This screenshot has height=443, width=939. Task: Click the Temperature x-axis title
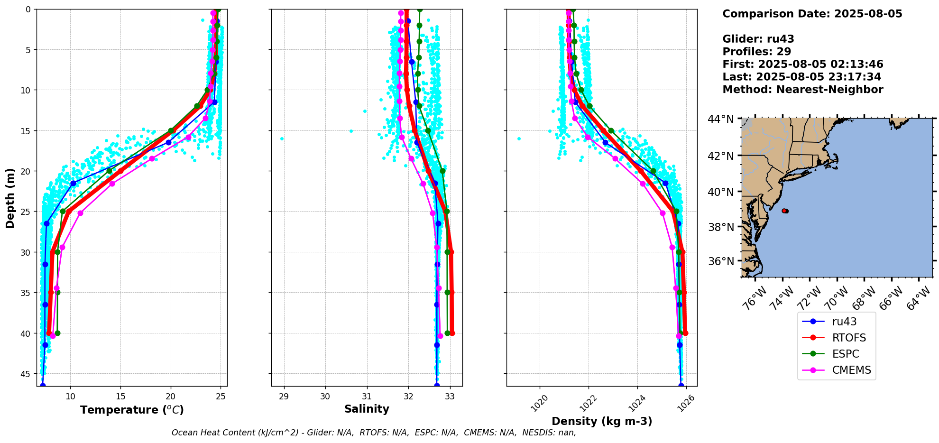click(132, 410)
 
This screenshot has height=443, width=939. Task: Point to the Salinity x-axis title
click(367, 409)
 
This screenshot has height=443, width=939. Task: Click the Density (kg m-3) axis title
click(602, 421)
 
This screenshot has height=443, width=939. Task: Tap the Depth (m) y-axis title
click(10, 198)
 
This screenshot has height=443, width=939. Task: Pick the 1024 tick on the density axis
click(636, 404)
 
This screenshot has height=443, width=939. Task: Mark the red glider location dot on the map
click(784, 211)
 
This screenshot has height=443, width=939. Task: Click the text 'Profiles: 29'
click(756, 52)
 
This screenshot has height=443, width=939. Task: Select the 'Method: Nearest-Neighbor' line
click(802, 90)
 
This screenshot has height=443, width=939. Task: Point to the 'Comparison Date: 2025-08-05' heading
click(812, 14)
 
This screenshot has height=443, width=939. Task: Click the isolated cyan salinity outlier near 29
click(282, 138)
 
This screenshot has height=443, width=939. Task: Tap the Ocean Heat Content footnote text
click(374, 433)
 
